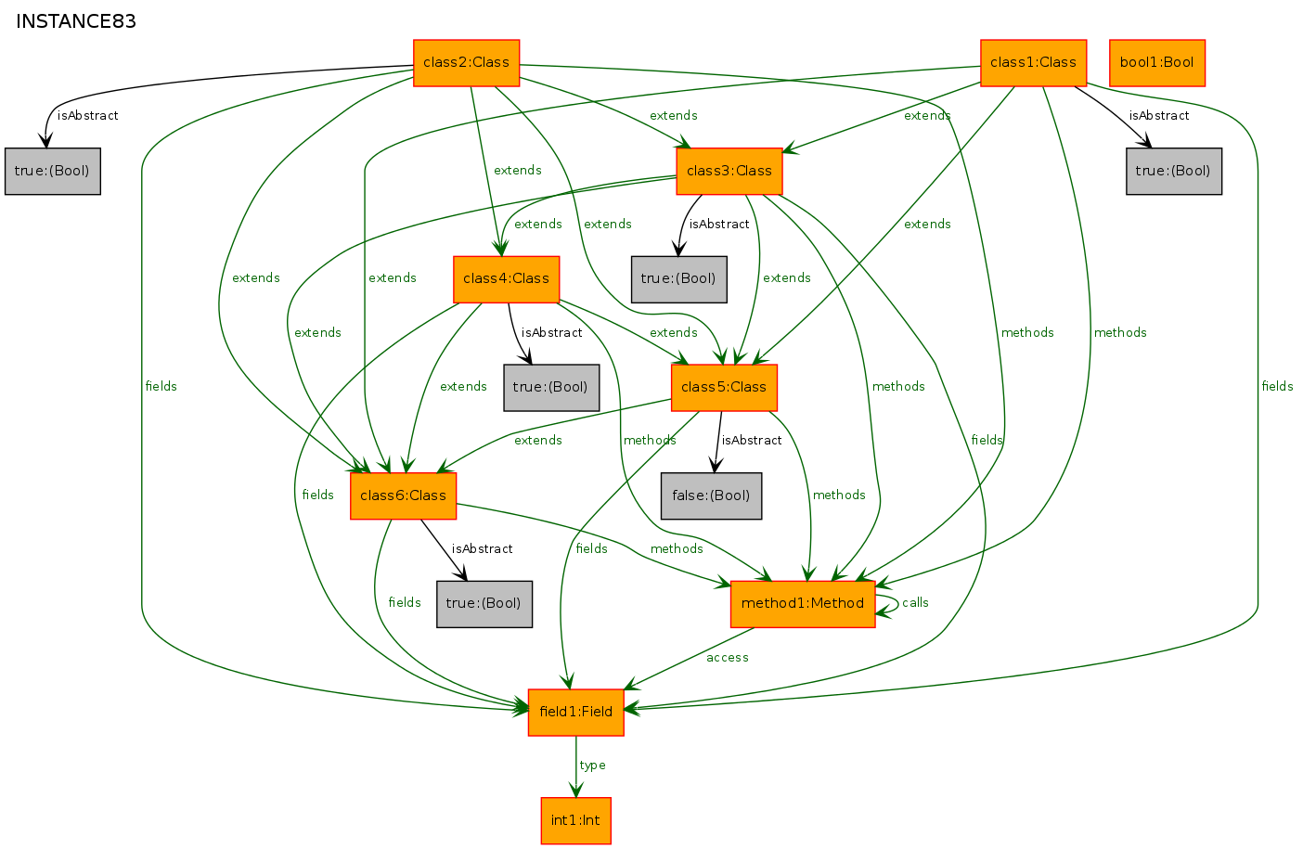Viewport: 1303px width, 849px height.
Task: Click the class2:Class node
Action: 466,63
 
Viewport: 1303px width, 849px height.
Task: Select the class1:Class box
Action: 1033,63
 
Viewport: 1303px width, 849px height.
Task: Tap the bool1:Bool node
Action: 1157,63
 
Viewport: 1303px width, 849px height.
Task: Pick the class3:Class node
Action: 729,171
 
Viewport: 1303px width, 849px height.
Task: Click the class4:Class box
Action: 506,279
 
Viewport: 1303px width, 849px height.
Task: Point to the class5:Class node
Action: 724,387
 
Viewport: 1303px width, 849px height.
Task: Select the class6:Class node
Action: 403,495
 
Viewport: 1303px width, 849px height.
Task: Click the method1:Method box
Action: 803,604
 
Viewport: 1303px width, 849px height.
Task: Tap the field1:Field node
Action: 576,712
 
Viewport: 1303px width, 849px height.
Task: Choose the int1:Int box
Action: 576,820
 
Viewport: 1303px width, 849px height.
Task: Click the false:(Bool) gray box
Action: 711,495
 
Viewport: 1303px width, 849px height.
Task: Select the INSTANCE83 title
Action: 75,21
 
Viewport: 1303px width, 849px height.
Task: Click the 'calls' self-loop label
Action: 915,602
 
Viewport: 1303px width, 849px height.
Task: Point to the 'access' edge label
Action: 727,658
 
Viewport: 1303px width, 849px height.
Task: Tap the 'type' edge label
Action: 592,765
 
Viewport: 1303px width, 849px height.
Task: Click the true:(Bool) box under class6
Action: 484,604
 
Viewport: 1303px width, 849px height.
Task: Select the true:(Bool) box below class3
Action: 678,279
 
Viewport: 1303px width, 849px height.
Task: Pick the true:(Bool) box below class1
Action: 1174,171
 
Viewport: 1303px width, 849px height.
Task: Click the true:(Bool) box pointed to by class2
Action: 52,171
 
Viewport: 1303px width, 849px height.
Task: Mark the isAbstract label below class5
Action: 752,440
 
